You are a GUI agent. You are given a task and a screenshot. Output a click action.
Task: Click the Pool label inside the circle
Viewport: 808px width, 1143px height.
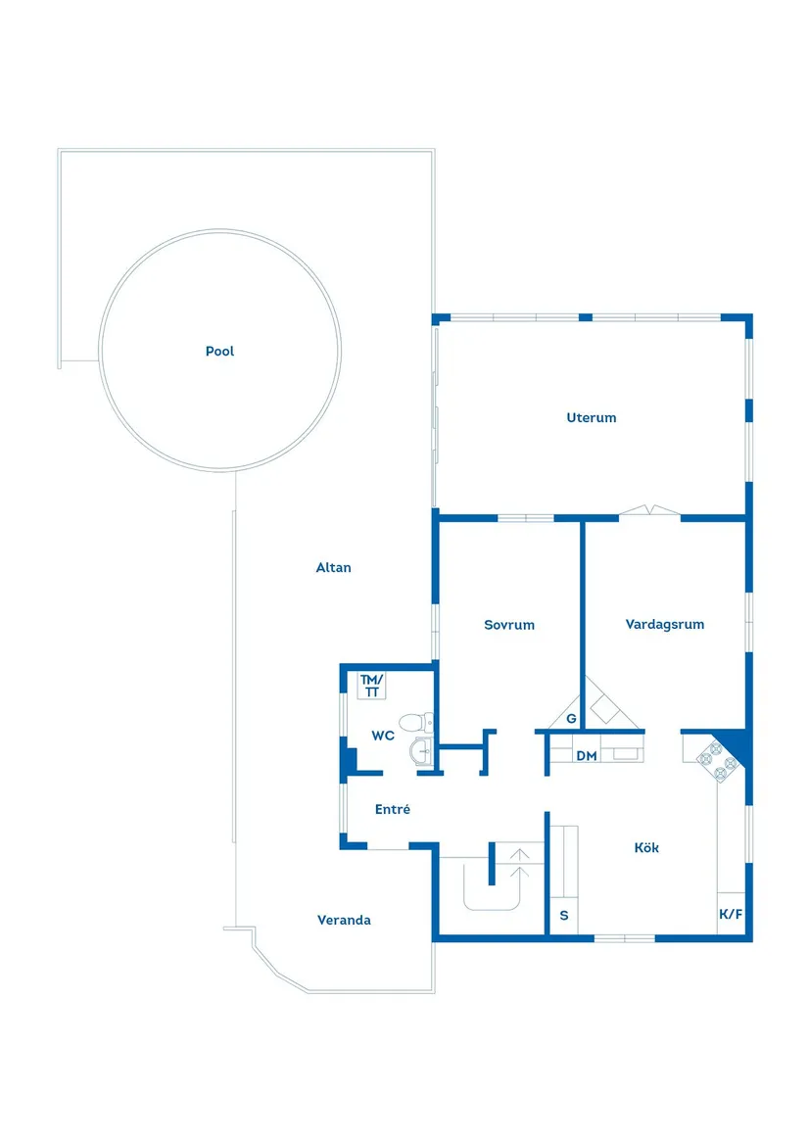(220, 352)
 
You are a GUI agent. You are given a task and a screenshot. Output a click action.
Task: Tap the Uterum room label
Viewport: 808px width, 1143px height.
(592, 418)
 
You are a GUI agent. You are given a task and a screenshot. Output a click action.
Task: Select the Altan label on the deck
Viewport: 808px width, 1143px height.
(334, 568)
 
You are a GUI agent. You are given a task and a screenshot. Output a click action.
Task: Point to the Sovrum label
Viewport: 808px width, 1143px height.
(509, 625)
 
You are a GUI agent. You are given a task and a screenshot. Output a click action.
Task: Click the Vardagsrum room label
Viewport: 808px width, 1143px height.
(665, 625)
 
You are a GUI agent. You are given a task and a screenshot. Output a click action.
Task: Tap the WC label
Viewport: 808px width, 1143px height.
(383, 736)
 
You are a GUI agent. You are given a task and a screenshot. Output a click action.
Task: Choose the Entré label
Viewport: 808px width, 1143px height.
(393, 810)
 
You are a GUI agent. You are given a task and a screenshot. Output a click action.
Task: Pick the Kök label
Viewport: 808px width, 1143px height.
(646, 848)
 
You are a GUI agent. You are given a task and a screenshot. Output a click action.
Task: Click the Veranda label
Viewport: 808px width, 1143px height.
(344, 921)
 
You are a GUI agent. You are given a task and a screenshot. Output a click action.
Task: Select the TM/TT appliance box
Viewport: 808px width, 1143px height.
(372, 686)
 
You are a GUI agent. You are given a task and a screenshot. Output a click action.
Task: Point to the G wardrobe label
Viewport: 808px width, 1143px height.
(571, 719)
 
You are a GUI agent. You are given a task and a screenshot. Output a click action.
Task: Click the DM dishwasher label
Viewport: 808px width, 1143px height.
(587, 756)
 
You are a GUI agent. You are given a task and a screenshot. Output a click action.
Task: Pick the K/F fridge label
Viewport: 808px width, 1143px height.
(731, 915)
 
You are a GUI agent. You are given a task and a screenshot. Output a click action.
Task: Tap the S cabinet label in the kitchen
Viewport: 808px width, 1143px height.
(563, 916)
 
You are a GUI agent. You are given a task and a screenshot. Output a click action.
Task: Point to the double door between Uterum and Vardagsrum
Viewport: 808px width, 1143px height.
(649, 510)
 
